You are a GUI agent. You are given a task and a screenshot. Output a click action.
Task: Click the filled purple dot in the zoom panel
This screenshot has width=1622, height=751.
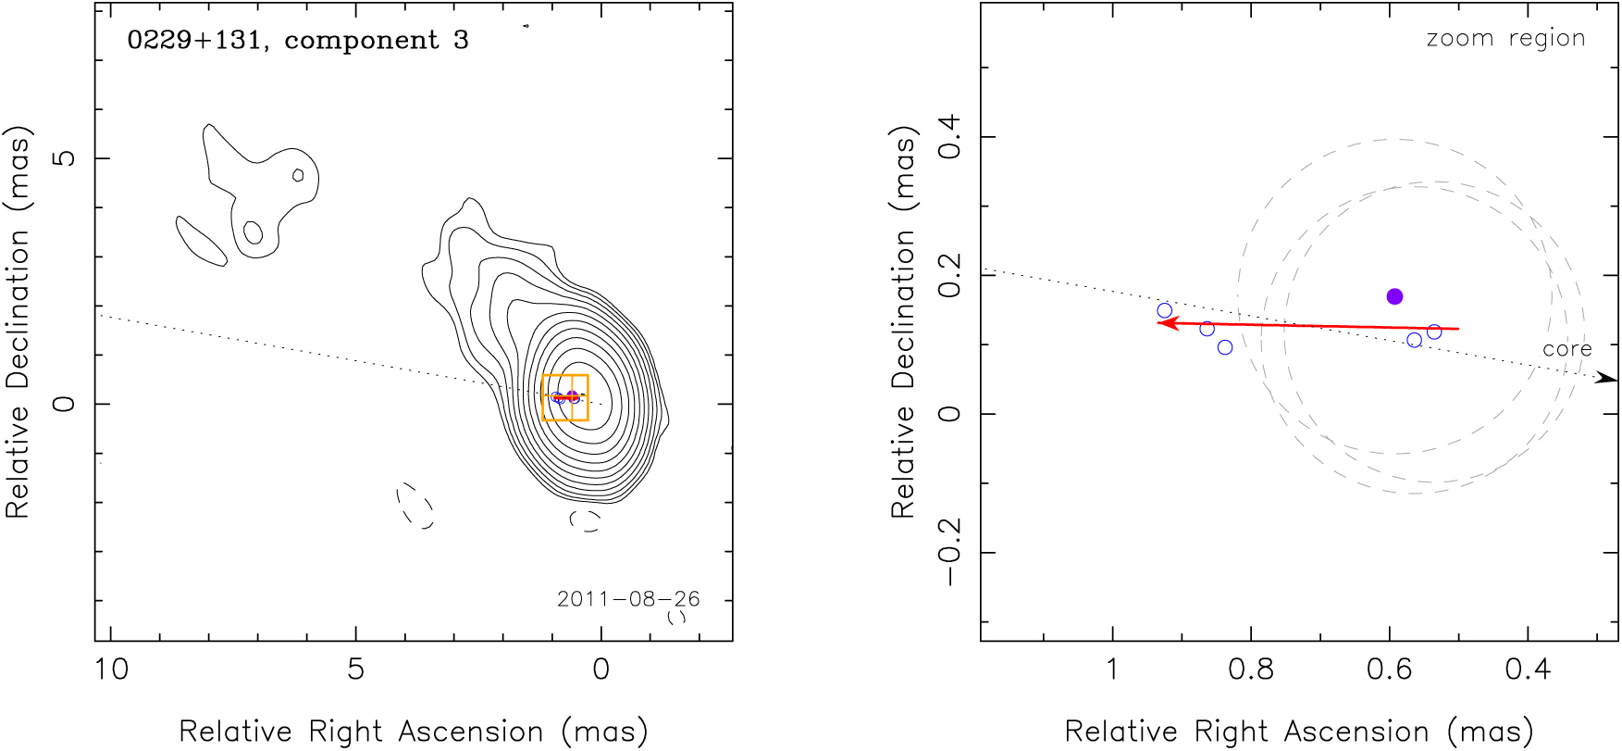[1394, 296]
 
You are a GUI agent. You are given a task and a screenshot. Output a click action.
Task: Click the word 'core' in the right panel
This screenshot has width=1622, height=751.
[1566, 349]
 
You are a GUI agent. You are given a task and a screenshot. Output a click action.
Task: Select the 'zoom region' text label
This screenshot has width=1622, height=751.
[1505, 38]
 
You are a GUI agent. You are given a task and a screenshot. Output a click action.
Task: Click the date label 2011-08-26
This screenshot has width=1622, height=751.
[628, 599]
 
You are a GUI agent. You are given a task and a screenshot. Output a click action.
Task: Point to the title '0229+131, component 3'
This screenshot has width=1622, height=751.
[298, 40]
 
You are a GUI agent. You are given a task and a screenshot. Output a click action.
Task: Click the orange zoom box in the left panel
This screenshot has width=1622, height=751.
[565, 397]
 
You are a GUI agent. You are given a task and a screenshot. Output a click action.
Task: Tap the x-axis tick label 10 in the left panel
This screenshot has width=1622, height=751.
[111, 669]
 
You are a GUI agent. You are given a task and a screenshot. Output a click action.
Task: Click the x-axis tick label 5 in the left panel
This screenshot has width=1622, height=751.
[356, 669]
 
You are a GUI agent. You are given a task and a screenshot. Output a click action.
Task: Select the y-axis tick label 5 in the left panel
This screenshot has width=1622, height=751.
[65, 158]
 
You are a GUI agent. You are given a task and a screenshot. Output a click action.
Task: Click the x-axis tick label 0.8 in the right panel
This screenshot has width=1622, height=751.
[1251, 669]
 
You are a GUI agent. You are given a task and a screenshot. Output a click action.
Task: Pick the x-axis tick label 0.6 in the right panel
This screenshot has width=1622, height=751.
[1390, 669]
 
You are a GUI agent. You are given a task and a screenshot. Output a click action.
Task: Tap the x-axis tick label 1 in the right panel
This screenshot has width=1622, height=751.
[1112, 669]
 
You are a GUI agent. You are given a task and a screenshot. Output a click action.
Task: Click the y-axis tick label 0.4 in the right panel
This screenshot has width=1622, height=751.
[950, 137]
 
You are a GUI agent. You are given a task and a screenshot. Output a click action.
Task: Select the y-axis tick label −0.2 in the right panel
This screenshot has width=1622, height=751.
[950, 552]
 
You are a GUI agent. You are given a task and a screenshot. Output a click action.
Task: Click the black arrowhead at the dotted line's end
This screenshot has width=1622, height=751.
[1608, 379]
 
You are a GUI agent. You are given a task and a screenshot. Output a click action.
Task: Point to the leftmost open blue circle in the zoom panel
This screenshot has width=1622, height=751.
[1165, 311]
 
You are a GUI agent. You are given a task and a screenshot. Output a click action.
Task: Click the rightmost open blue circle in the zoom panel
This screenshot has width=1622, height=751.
[1434, 332]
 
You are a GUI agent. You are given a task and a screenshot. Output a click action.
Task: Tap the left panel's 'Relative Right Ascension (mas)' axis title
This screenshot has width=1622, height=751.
[413, 732]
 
